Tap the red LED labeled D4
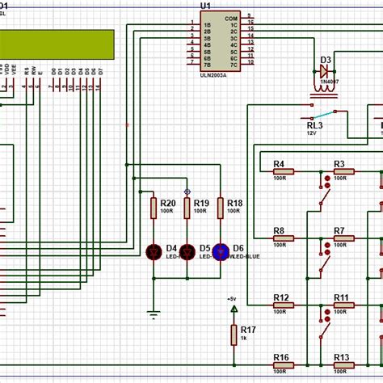click(154, 252)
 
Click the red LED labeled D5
click(187, 252)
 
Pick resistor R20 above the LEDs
click(154, 208)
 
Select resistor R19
click(187, 208)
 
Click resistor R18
click(220, 208)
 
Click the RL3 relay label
click(314, 126)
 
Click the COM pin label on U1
click(230, 18)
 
